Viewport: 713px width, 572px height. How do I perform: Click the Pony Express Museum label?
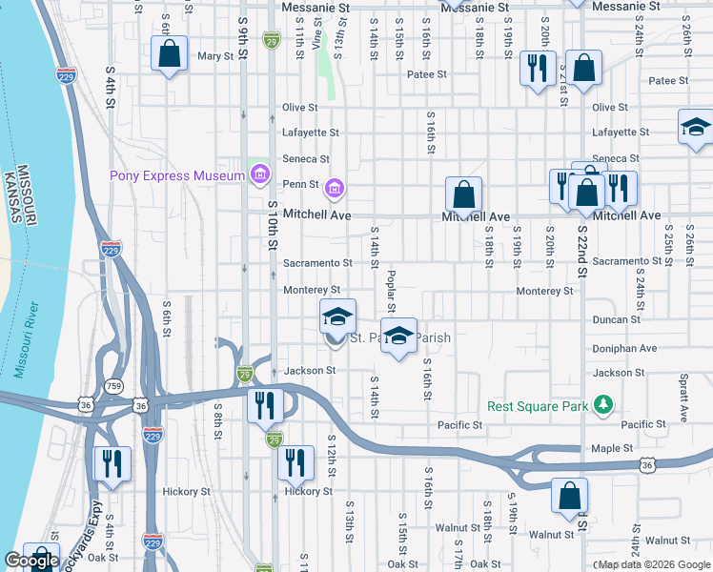coord(178,174)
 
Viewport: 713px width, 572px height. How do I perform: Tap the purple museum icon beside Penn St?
coord(334,186)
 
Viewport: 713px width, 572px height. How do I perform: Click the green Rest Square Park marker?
coord(602,405)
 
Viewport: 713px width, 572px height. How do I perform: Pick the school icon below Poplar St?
coord(399,337)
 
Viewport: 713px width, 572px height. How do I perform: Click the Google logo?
coord(31,561)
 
